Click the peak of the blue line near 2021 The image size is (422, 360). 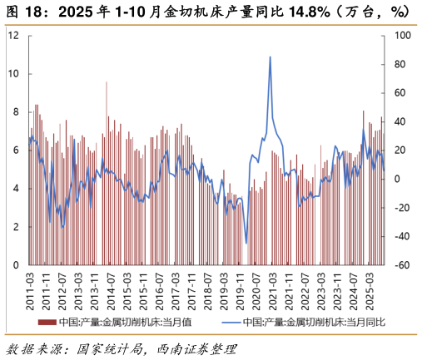270,57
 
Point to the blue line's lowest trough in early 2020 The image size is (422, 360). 246,242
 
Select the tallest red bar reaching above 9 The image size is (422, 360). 107,81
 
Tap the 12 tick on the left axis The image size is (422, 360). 13,36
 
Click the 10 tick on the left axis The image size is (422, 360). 13,74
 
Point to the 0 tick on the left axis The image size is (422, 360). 16,265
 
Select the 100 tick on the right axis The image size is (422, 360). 401,36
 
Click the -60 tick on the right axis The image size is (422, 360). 401,265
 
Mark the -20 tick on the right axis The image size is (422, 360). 401,208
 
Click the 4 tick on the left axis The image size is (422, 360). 16,189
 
